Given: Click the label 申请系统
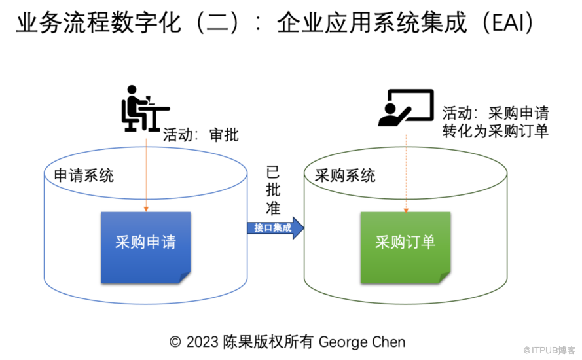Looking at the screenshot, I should (x=83, y=175).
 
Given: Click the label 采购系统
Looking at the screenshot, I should (x=345, y=175).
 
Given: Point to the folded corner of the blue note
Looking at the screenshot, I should (x=185, y=278).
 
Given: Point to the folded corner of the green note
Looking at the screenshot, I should (x=445, y=278).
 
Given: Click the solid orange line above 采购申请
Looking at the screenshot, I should (x=146, y=170).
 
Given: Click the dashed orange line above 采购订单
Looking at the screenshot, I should (x=406, y=170).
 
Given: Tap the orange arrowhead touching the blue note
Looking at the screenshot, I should (x=146, y=209).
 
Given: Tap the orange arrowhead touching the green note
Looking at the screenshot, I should (x=406, y=209).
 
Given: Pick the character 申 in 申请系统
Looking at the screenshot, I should (x=61, y=175).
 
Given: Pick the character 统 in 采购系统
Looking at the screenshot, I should (x=368, y=175).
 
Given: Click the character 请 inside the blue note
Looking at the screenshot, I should (x=168, y=242).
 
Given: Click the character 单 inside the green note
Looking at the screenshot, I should (x=428, y=242).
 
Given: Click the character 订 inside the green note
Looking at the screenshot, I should (x=413, y=242).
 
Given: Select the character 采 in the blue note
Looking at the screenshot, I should (x=122, y=242).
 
